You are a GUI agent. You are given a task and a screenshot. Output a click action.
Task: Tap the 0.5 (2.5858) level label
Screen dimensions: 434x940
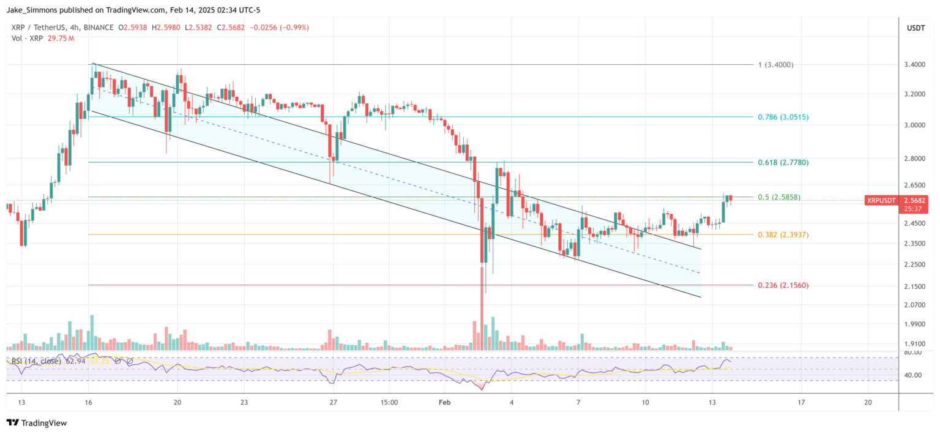(x=779, y=197)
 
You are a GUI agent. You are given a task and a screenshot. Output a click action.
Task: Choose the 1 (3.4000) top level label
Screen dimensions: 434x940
(x=775, y=64)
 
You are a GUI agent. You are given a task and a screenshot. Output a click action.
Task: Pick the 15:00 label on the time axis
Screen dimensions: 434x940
(x=389, y=402)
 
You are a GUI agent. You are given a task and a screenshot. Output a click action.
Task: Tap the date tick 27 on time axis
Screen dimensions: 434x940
(x=333, y=402)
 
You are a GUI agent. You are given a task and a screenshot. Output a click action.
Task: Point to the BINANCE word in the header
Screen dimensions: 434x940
(x=96, y=28)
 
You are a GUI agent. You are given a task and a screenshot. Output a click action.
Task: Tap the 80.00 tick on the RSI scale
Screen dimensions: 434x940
(x=913, y=353)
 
